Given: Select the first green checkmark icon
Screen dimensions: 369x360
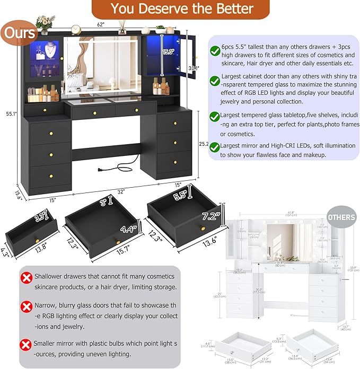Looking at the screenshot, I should (215, 51).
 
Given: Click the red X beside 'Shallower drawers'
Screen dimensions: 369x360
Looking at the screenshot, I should (25, 277).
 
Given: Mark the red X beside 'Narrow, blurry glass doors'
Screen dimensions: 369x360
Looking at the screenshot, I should (25, 306).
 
